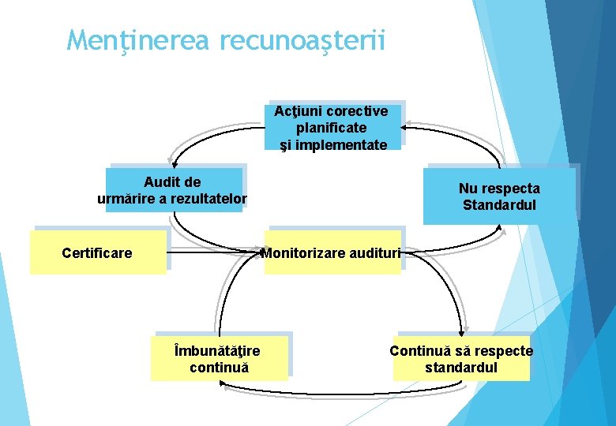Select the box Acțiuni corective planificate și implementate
click(x=332, y=126)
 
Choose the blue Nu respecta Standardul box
click(x=499, y=196)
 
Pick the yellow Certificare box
click(x=97, y=252)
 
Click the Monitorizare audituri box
click(x=332, y=253)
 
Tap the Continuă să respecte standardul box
click(x=461, y=359)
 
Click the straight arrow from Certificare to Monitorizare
click(x=215, y=253)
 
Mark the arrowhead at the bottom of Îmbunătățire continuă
click(x=223, y=385)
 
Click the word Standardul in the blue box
click(x=499, y=205)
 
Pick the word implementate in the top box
click(x=332, y=145)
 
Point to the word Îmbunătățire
click(x=218, y=350)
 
